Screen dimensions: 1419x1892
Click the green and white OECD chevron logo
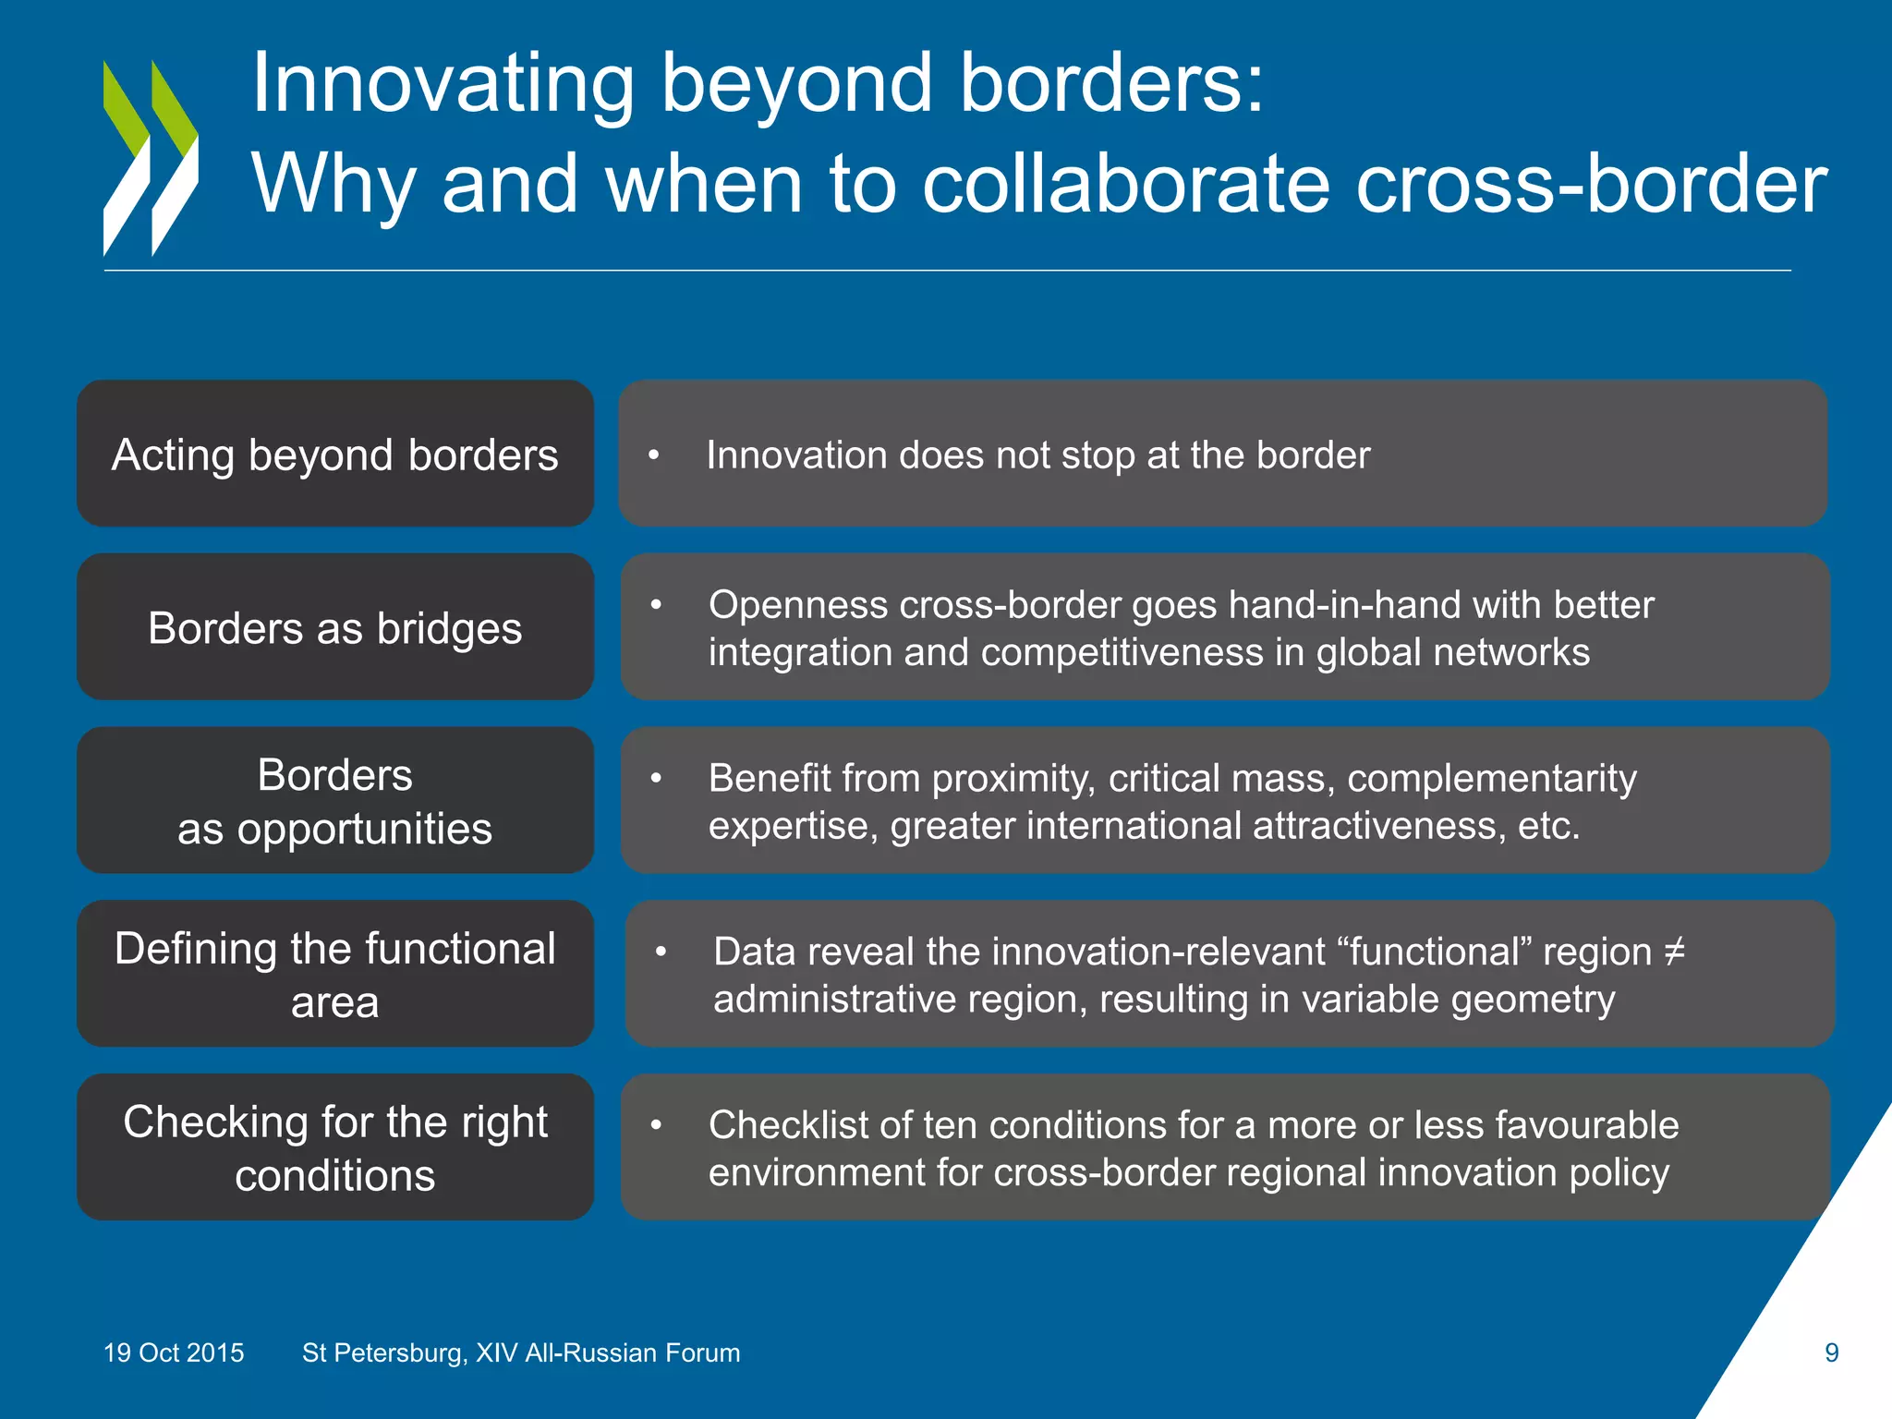(151, 158)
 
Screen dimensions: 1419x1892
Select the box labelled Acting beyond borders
(334, 455)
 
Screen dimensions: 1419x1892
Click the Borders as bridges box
(334, 628)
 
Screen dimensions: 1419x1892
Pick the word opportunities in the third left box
(364, 829)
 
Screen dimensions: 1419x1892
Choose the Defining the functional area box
(334, 975)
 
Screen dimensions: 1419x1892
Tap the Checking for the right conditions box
(334, 1148)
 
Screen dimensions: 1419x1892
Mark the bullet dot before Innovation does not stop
(654, 455)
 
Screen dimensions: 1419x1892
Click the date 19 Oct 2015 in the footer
(174, 1353)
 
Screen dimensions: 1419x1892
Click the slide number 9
(1831, 1353)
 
